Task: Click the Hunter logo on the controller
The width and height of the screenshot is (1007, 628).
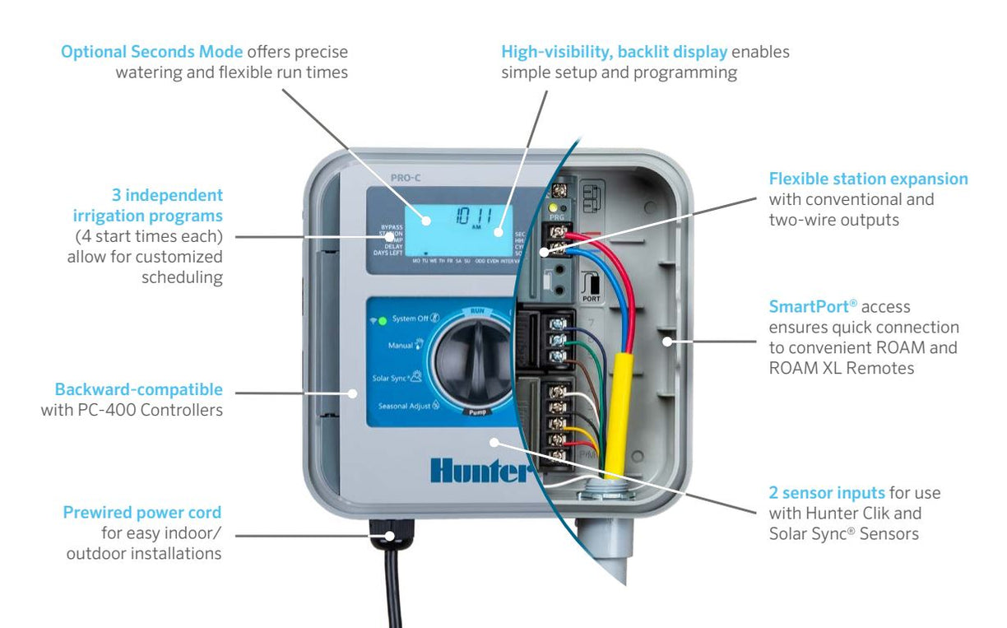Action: tap(477, 470)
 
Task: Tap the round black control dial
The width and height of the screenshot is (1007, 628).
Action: tap(469, 361)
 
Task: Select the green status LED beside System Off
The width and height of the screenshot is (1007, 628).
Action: tap(383, 319)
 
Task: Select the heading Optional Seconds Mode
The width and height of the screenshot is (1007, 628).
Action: tap(152, 52)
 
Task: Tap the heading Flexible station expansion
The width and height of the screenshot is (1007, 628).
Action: tap(868, 179)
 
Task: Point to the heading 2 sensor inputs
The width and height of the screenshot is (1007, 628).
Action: tap(826, 492)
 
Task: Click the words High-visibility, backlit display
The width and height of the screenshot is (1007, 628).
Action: tap(614, 52)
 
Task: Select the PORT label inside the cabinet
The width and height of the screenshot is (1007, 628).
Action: tap(591, 299)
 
